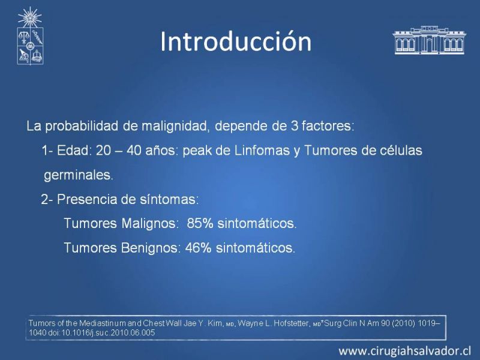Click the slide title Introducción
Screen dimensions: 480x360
click(x=236, y=41)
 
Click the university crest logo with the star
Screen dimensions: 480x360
click(x=30, y=36)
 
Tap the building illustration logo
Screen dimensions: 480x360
click(x=429, y=40)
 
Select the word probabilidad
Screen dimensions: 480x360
click(x=82, y=126)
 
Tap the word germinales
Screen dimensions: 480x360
click(x=79, y=175)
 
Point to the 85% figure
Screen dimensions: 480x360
click(x=200, y=223)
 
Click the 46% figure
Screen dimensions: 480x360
click(x=198, y=248)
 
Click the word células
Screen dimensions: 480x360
click(x=401, y=151)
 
